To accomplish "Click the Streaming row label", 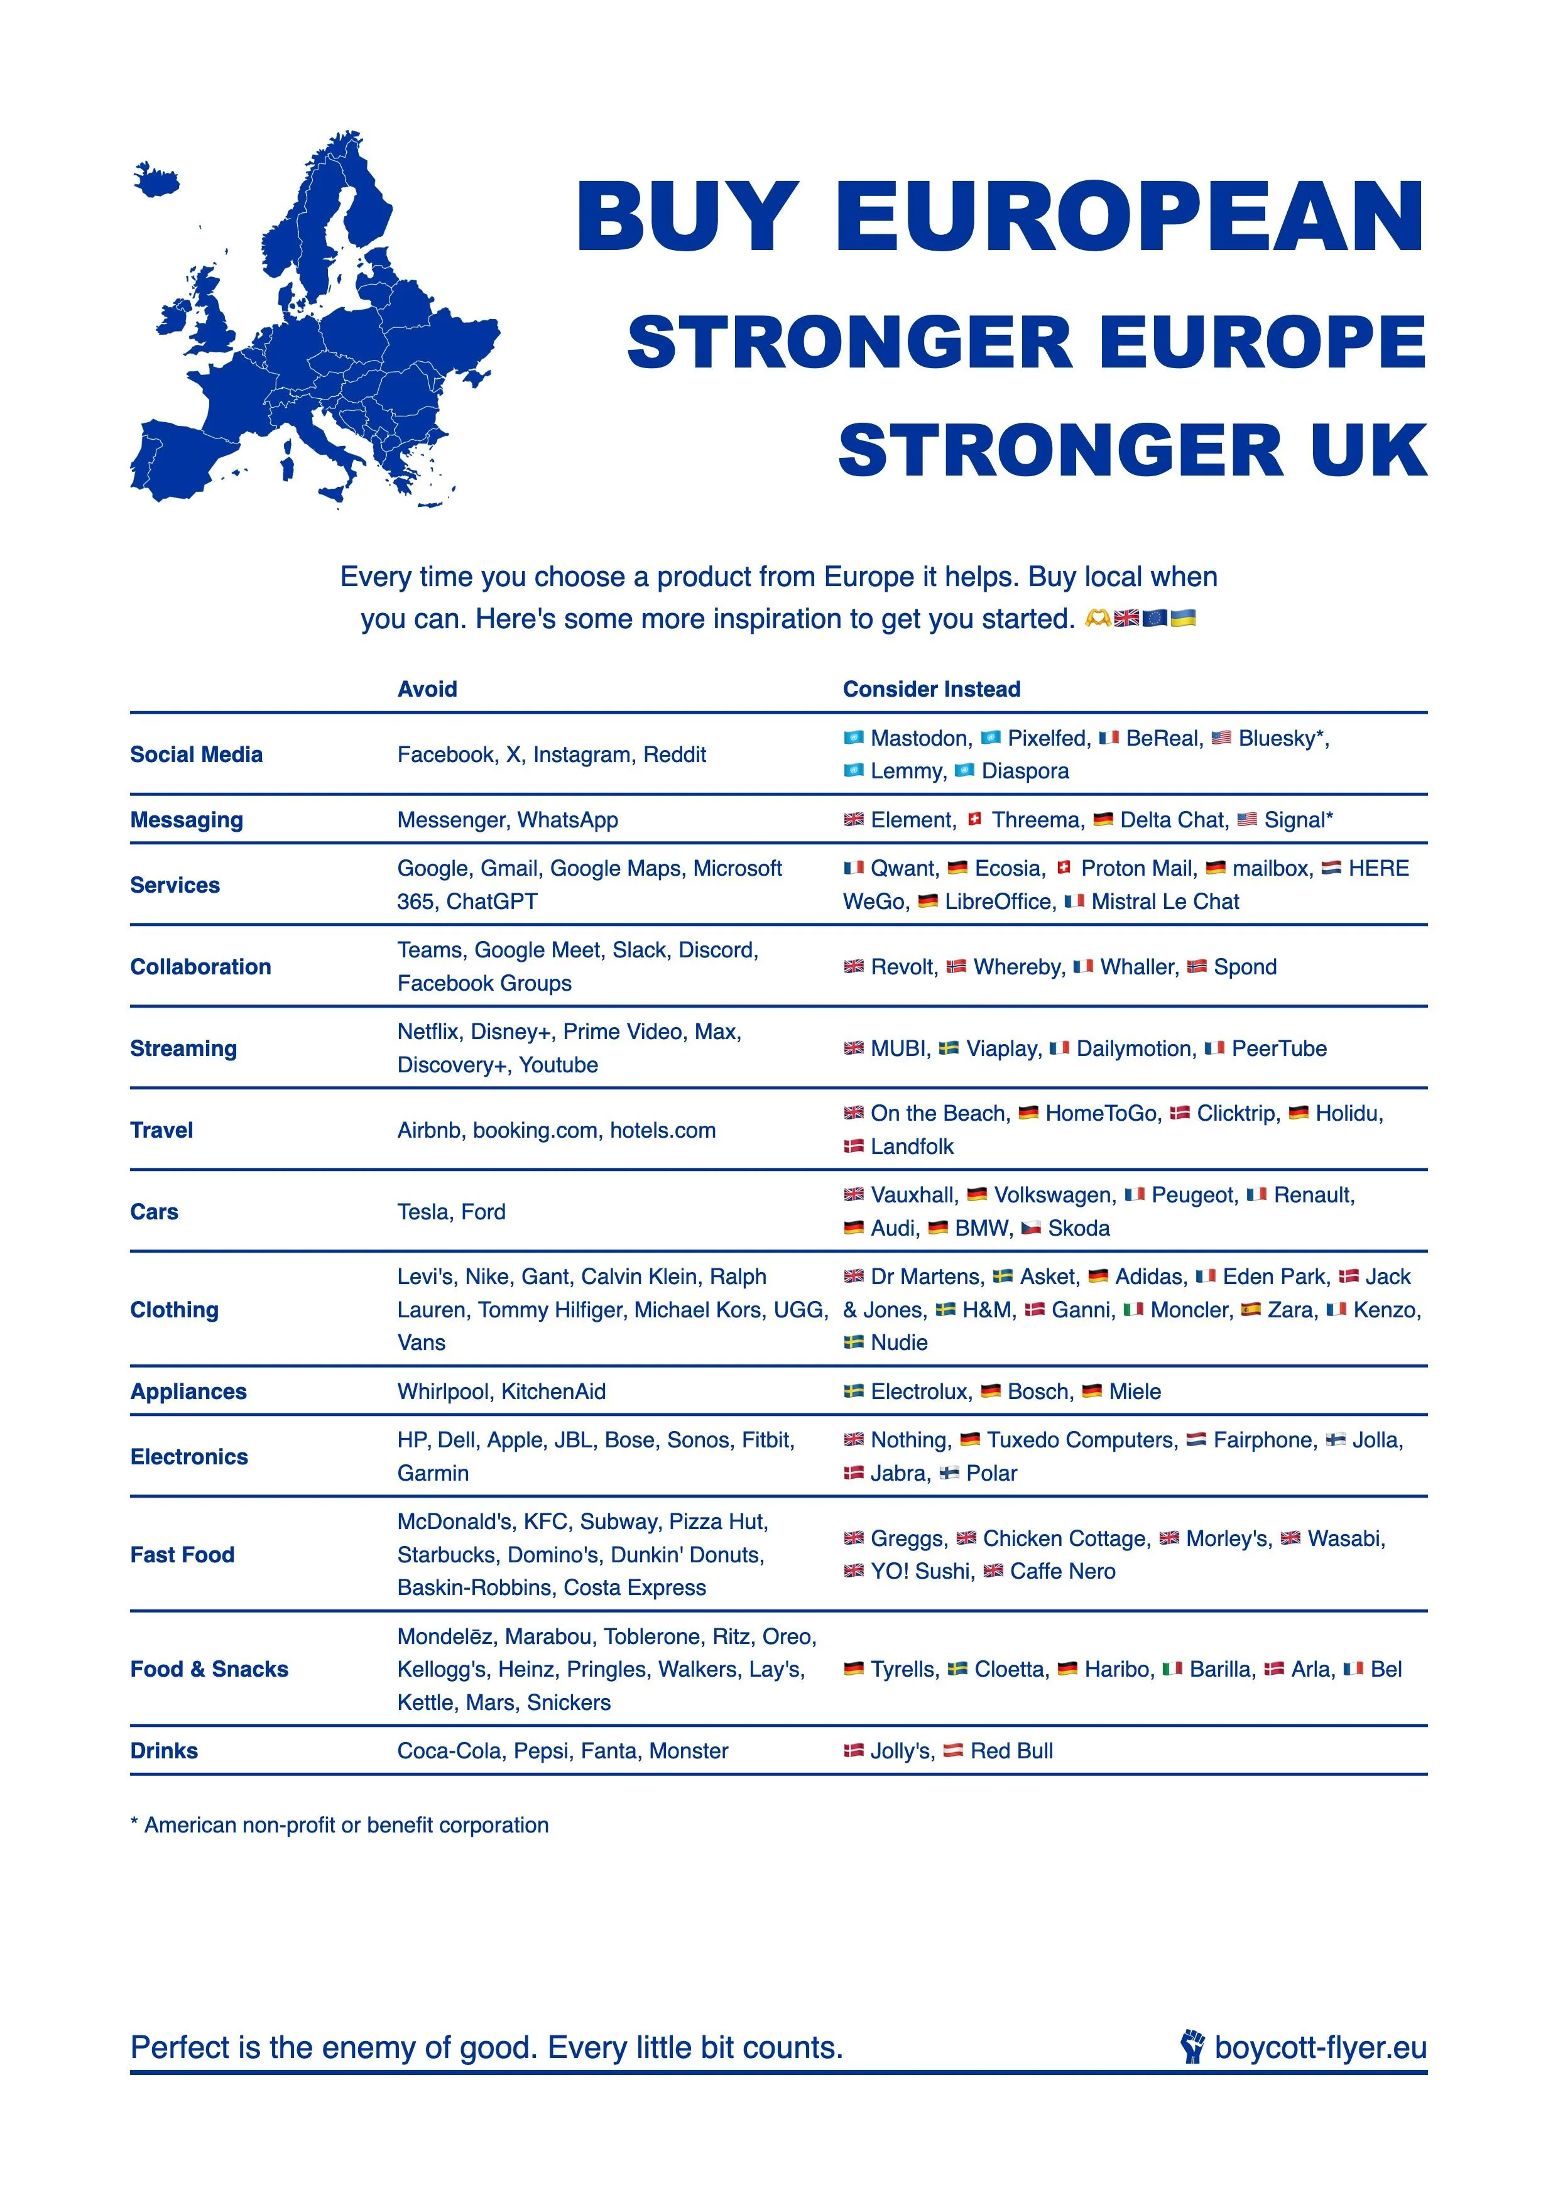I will point(183,1048).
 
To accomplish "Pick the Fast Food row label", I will point(183,1554).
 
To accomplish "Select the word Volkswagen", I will point(1053,1195).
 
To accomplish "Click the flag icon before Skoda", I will point(1031,1228).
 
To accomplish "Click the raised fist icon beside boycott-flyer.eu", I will point(1192,2047).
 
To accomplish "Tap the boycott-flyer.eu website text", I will point(1320,2047).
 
